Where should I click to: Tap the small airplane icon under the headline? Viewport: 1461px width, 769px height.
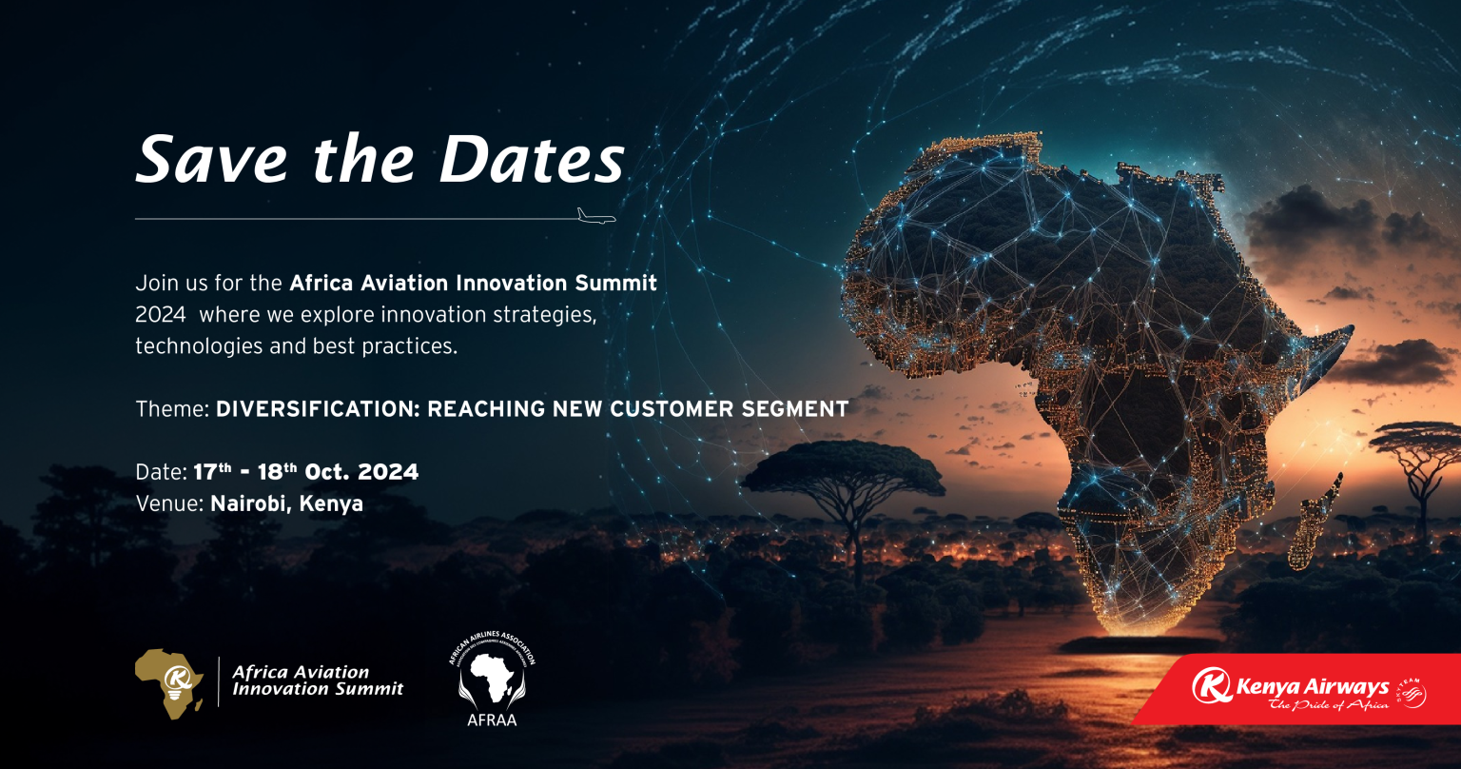click(596, 215)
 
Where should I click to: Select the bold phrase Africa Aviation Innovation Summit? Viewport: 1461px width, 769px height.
click(473, 284)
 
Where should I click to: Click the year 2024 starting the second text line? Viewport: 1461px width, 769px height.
click(160, 315)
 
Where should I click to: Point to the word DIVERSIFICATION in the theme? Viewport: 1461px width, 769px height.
click(318, 409)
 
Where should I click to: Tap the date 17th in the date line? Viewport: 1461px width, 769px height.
click(213, 471)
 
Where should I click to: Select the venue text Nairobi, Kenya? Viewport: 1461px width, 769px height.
click(286, 503)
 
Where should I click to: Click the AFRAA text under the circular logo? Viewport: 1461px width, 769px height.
click(491, 720)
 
